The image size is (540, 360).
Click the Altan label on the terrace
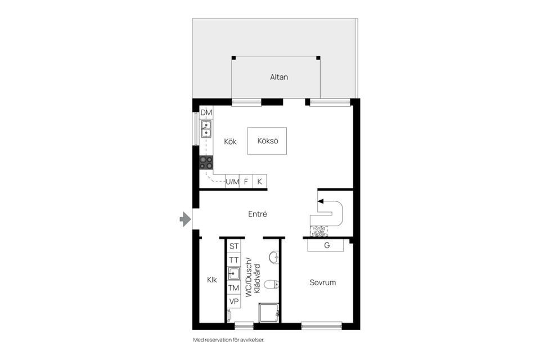278,77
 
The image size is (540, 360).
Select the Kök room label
230,142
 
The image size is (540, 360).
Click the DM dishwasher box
206,112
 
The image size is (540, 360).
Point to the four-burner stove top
206,163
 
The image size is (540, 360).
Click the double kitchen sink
206,129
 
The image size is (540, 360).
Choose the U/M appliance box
232,182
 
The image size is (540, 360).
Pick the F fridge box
246,182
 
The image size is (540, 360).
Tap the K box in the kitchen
259,182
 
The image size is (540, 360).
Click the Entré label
257,214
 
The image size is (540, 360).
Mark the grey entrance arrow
185,219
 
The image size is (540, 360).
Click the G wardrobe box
326,245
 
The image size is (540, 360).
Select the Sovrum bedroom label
322,282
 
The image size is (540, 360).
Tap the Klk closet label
211,280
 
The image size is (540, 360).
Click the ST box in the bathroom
234,246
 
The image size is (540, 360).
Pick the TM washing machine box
234,288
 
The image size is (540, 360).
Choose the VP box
234,301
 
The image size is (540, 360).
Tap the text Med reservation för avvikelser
228,340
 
